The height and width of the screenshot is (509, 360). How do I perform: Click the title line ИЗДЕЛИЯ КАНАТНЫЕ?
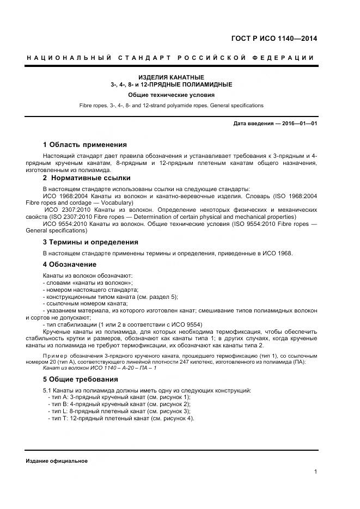(171, 77)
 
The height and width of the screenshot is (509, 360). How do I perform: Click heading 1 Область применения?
(84, 145)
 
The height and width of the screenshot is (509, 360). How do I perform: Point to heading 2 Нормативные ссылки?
(87, 178)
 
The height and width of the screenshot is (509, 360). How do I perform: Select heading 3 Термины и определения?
(90, 242)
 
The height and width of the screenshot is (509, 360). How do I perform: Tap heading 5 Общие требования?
(80, 379)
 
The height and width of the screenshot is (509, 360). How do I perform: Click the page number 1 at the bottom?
(315, 472)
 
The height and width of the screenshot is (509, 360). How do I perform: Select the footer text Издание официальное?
(57, 461)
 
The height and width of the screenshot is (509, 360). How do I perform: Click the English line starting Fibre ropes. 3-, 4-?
(171, 105)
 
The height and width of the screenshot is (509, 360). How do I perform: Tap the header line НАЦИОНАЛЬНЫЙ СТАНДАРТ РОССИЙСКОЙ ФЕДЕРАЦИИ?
(171, 58)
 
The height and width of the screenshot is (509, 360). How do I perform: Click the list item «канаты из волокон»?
(88, 283)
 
